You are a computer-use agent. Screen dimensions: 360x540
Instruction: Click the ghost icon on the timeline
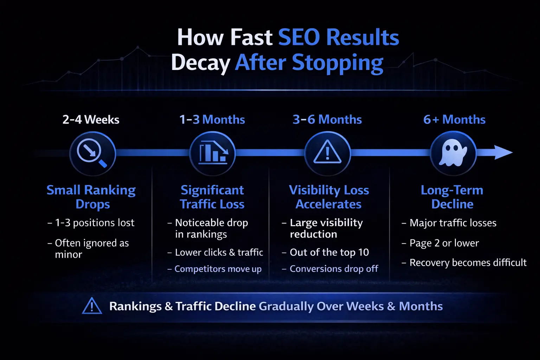point(453,153)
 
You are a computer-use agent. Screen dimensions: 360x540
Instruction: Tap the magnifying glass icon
point(92,153)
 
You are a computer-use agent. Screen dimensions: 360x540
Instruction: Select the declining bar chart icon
point(212,153)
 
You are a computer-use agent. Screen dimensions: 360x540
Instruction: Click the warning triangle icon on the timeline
point(327,153)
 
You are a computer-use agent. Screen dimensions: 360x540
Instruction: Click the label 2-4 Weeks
point(91,120)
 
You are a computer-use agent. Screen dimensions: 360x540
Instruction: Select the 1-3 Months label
point(212,120)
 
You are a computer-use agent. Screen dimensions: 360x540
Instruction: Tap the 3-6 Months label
point(327,120)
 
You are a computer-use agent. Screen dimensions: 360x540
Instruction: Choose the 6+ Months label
point(454,120)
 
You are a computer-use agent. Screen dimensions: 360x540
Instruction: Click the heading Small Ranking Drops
point(91,197)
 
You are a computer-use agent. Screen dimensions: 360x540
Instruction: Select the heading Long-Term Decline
point(452,197)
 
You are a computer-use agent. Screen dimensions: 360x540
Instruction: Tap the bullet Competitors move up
point(218,269)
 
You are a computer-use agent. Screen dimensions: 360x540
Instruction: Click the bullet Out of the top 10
point(329,252)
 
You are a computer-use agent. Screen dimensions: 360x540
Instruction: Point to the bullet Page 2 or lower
point(444,243)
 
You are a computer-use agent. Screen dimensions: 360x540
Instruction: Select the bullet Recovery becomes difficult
point(468,263)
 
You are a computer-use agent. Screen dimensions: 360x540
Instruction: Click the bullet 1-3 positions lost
point(95,223)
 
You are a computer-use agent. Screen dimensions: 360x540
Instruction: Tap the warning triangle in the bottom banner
point(92,306)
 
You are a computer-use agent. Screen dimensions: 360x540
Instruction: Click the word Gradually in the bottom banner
point(286,307)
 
